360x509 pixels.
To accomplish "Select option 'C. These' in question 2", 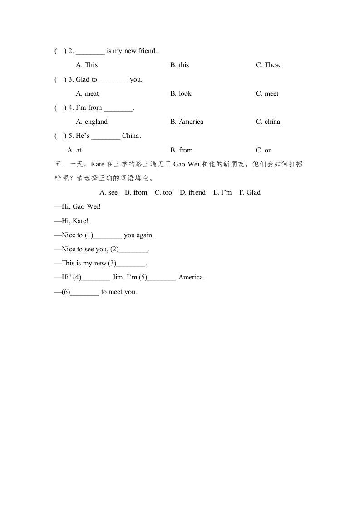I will [268, 65].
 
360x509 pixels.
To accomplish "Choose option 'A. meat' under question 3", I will [87, 93].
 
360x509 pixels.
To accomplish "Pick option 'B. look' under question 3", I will [181, 93].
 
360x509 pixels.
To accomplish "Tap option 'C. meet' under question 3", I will [267, 93].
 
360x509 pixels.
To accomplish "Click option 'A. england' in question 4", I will [92, 122].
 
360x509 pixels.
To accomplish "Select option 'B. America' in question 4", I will [187, 122].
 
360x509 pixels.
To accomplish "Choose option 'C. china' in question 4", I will [268, 122].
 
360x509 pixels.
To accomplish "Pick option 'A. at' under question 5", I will [74, 150].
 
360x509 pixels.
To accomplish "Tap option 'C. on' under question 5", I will [264, 150].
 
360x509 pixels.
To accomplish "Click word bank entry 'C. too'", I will [163, 192].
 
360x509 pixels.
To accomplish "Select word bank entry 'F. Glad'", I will [250, 192].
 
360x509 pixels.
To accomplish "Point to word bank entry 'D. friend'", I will [192, 192].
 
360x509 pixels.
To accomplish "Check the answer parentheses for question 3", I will [60, 79].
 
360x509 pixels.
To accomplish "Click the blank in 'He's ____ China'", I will [106, 136].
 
